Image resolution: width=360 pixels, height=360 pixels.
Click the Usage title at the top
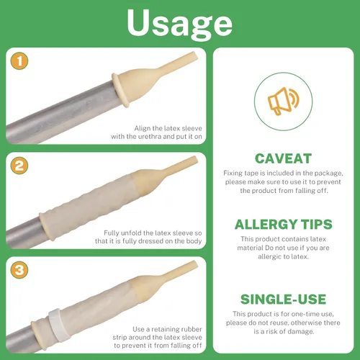tap(179, 24)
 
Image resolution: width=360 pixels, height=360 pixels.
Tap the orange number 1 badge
tap(19, 61)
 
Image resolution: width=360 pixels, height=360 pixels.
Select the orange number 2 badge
tap(19, 166)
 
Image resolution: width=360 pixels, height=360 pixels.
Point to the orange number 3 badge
tap(19, 270)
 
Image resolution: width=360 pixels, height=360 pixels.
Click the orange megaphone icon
tap(284, 101)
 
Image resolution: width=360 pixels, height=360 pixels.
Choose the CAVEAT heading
tap(283, 158)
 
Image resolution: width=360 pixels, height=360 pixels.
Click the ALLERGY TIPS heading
tap(284, 225)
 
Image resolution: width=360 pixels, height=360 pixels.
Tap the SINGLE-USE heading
tap(284, 300)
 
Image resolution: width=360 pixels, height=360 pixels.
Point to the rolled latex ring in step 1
tap(121, 89)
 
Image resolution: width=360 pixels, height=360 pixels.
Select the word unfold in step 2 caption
tap(132, 233)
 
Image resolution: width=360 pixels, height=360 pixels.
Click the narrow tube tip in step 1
tap(194, 55)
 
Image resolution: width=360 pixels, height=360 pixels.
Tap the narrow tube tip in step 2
tap(194, 160)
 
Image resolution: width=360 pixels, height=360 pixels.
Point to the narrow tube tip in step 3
tap(194, 265)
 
